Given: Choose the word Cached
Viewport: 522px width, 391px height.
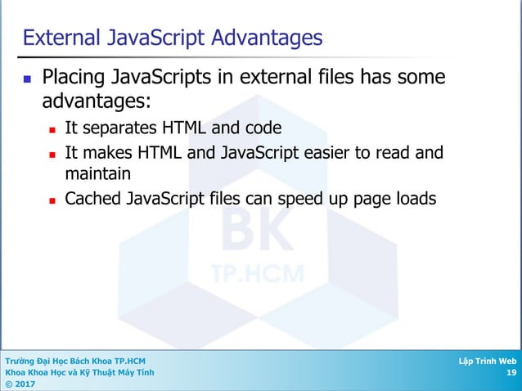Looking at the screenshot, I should point(90,199).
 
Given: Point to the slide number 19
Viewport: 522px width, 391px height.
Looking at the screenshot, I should point(511,372).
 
